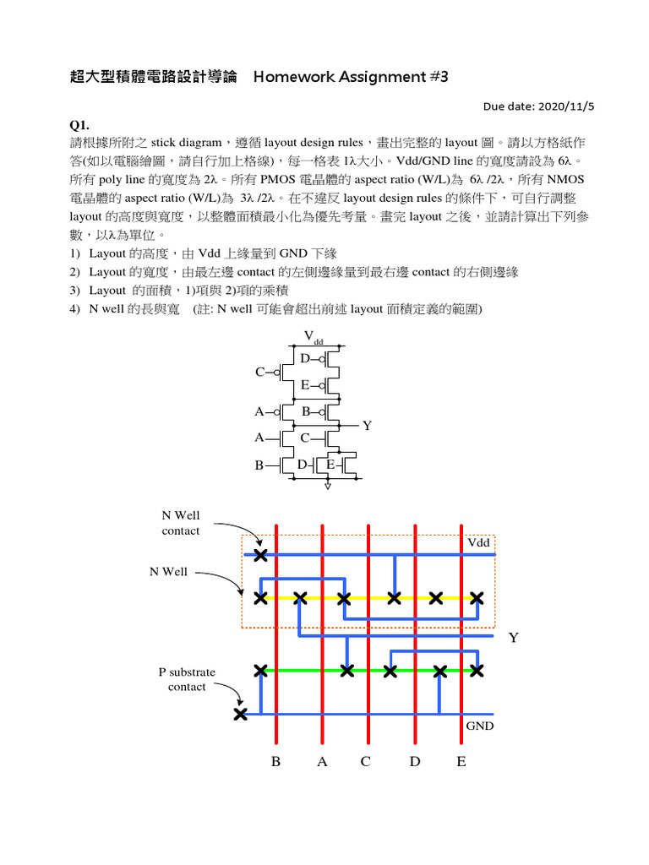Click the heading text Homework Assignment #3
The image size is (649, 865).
[350, 78]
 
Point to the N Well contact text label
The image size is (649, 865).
[181, 523]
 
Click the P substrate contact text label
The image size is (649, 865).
[187, 679]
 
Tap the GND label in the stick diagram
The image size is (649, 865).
[480, 726]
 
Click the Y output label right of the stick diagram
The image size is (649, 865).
[512, 638]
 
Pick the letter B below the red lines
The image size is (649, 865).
[275, 762]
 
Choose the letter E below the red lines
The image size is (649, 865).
[461, 762]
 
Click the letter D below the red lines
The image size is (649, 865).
[414, 762]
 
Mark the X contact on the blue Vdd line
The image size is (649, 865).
[260, 555]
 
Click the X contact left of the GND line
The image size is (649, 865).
[241, 715]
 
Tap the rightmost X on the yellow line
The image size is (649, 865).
[477, 598]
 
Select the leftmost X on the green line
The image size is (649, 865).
[260, 671]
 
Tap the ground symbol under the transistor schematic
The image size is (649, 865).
[328, 486]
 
